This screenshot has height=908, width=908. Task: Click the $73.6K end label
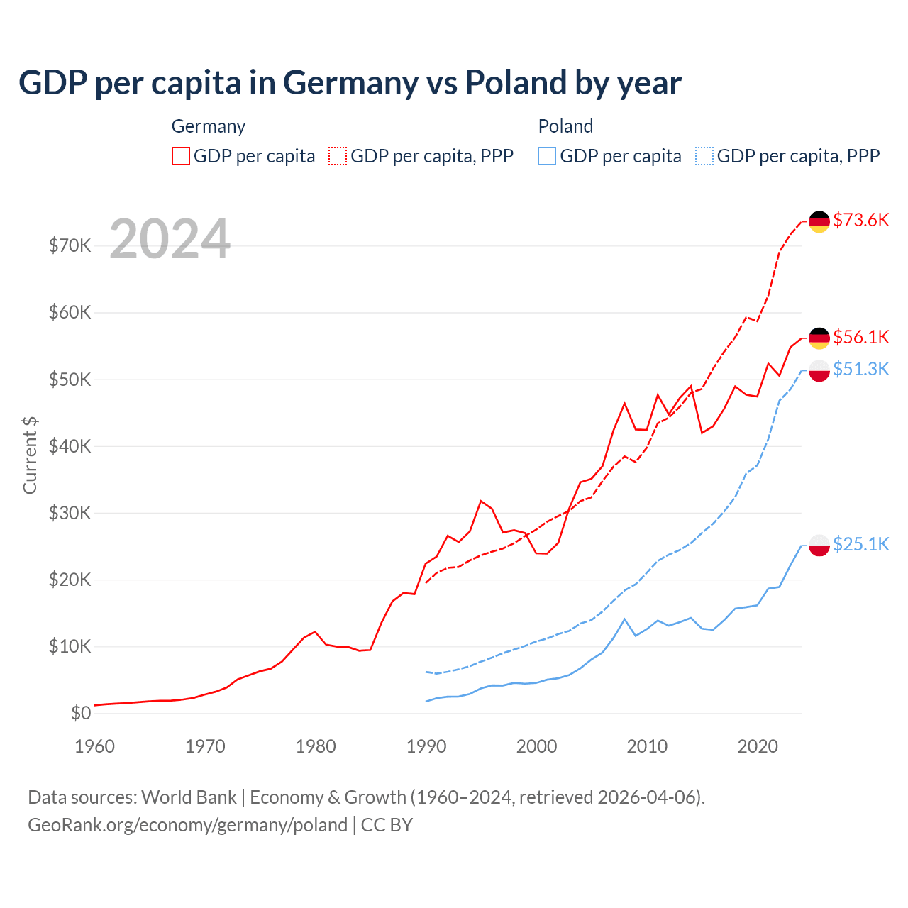860,220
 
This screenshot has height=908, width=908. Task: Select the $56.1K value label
860,337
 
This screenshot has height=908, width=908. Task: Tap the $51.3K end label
860,369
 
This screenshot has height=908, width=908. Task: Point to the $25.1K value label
860,544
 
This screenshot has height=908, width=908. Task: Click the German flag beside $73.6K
819,221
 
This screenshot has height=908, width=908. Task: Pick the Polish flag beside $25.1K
819,545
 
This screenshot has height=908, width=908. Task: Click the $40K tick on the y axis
70,446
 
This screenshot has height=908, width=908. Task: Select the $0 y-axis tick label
81,713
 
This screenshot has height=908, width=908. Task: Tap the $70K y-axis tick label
70,245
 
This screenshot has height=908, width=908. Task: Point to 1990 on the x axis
426,746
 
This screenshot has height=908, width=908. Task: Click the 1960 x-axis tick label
94,746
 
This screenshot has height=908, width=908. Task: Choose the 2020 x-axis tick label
758,746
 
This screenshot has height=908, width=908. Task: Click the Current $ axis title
30,455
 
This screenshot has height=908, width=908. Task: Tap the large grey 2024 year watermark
170,239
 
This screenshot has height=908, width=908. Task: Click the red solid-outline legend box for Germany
181,156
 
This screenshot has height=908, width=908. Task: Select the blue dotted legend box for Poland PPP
704,156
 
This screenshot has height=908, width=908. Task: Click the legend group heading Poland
565,126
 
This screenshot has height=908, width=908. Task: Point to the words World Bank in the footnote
189,797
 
